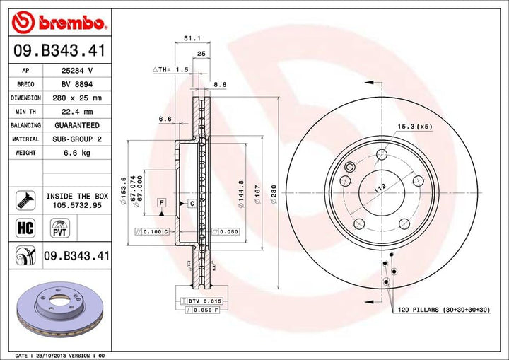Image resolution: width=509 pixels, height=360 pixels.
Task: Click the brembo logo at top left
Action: [60, 23]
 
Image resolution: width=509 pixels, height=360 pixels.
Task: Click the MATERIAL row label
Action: [25, 139]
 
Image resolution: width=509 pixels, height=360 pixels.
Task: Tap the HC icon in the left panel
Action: [24, 227]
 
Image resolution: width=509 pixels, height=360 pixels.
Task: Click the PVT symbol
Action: [59, 227]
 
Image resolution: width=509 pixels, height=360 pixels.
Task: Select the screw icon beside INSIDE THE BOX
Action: [24, 199]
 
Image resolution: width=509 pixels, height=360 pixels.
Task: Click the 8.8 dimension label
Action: [220, 84]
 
